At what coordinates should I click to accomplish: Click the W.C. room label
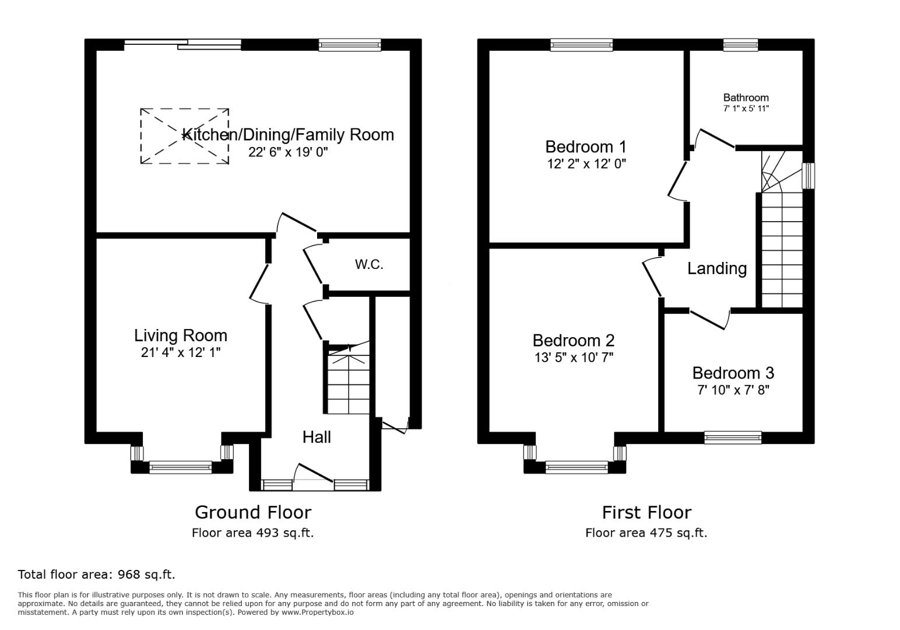pos(369,264)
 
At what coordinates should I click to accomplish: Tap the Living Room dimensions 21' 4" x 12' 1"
pos(181,352)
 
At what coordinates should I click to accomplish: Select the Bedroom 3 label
pos(733,373)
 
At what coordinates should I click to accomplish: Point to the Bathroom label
pos(746,97)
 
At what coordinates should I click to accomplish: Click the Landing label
pos(716,268)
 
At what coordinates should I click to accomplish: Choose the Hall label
pos(317,437)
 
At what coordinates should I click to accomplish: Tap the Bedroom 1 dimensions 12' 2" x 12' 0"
pos(586,164)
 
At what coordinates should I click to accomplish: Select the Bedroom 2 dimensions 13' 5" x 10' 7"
pos(574,357)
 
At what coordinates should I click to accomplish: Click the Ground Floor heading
pos(253,512)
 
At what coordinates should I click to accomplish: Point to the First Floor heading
pos(646,512)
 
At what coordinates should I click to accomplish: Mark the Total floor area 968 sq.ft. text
pos(96,574)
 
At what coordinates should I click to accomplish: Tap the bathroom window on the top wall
pos(740,45)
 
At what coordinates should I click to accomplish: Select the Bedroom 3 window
pos(732,437)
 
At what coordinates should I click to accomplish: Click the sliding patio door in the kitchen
pos(182,44)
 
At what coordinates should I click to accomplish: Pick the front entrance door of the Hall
pos(314,474)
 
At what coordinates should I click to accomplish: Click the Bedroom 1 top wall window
pos(581,45)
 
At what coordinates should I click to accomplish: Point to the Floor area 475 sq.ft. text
pos(646,533)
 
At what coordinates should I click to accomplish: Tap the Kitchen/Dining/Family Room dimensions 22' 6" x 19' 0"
pos(288,152)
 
